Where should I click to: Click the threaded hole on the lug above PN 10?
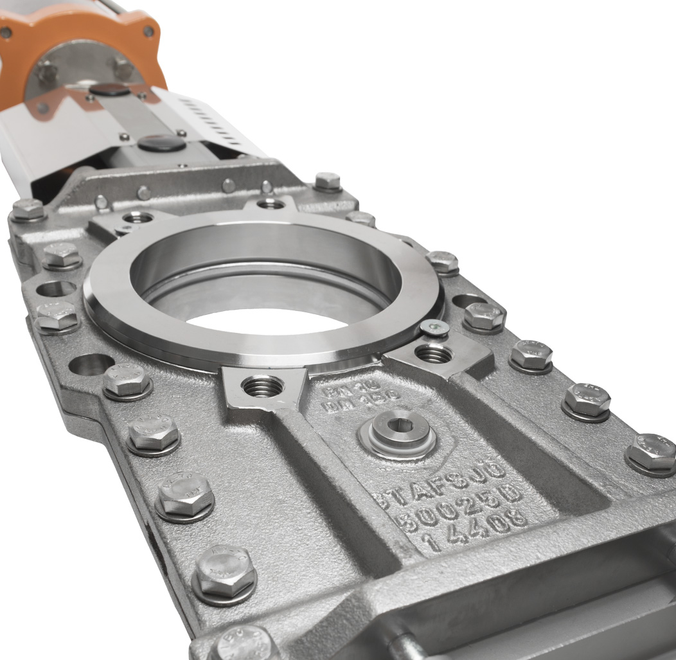262,386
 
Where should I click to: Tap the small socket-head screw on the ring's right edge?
434,328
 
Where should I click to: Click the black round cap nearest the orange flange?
109,89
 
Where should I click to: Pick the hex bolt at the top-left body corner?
28,210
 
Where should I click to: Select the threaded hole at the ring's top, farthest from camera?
271,204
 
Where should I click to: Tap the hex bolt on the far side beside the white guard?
328,182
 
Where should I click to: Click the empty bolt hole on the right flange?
468,301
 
